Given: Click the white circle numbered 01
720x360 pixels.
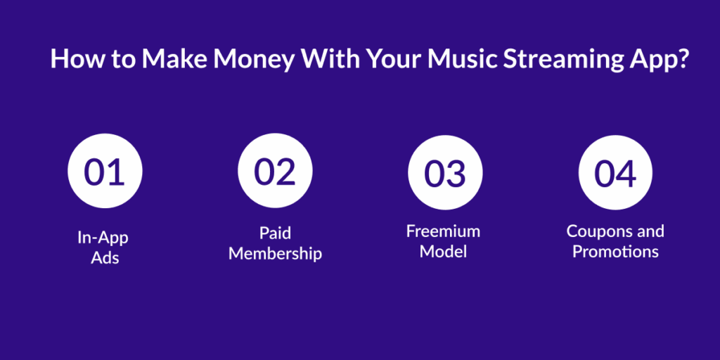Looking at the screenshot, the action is click(105, 172).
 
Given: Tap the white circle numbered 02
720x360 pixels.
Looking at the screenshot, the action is click(275, 172).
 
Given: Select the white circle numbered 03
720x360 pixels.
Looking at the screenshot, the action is click(445, 172).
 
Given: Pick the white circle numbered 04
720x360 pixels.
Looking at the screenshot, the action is click(615, 172).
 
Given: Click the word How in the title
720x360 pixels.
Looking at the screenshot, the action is click(72, 59).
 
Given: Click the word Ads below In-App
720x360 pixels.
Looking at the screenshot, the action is click(105, 257).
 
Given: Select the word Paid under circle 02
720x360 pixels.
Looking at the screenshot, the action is click(275, 233).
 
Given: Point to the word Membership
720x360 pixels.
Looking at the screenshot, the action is click(275, 253).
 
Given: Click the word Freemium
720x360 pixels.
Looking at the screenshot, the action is click(443, 231).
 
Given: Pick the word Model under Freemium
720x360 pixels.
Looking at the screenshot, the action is click(443, 252).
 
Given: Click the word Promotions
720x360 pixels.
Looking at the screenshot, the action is click(615, 252).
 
